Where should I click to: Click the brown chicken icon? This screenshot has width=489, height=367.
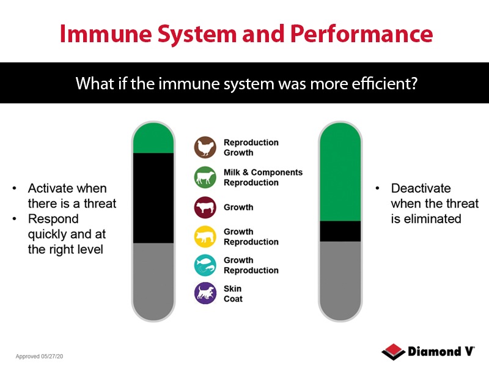point(205,147)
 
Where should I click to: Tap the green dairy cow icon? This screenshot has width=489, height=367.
point(205,177)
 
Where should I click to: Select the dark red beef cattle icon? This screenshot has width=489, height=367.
point(205,207)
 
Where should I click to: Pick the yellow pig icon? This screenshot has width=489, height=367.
point(205,237)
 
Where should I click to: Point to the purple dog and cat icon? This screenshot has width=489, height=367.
point(205,294)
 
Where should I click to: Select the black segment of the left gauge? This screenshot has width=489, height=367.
point(154,198)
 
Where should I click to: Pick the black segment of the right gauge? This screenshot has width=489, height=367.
point(340,231)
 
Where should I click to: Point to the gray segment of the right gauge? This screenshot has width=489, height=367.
point(340,278)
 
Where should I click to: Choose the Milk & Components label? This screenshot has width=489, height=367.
point(263,172)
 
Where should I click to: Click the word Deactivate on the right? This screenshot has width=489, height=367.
point(421,188)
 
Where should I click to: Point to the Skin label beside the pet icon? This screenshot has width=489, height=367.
point(232,289)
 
